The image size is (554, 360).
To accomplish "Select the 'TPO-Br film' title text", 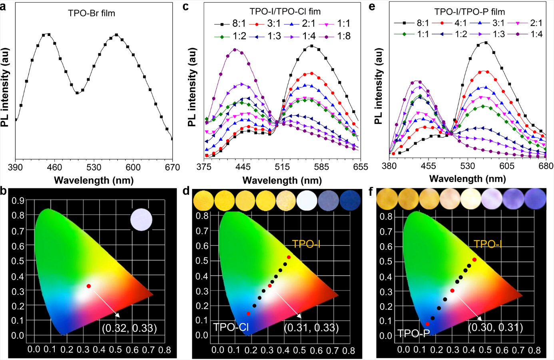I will coord(92,13).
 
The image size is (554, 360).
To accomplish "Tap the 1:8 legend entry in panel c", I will coord(338,36).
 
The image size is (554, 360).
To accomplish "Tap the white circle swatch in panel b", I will coord(141,219).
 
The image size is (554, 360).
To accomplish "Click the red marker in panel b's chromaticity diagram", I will coord(89,286).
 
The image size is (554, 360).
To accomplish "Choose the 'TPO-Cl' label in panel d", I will coord(231,328).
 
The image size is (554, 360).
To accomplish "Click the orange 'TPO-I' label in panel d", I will coord(306,244).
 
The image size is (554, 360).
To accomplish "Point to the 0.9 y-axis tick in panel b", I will coord(18,200).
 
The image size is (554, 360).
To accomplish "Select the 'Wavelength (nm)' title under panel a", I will coord(94,180).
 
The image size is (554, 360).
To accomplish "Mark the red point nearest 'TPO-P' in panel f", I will coord(428,324).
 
